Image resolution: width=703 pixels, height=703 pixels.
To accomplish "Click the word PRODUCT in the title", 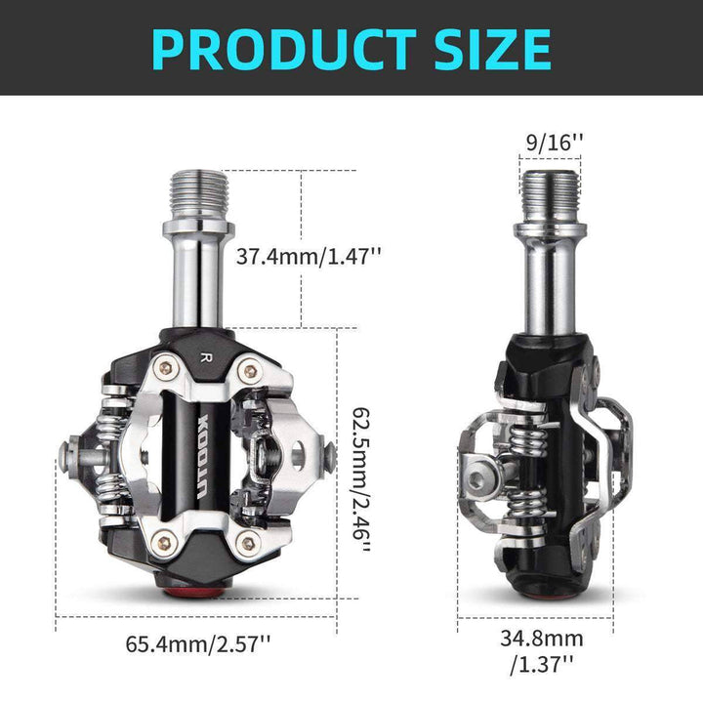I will [x=278, y=47].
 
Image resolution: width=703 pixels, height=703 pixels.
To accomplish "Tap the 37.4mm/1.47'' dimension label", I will [x=310, y=257].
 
